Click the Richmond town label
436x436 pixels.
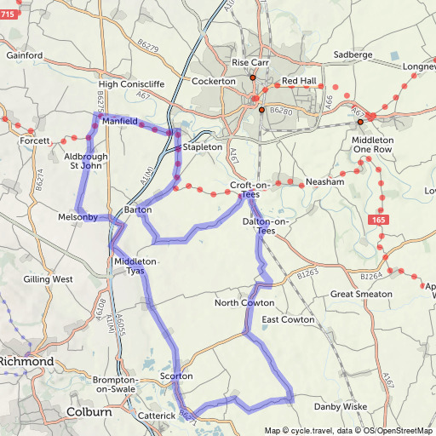(26, 361)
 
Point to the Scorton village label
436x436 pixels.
(176, 376)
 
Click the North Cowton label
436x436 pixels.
(244, 303)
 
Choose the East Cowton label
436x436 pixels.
(288, 320)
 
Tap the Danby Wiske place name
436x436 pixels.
(341, 407)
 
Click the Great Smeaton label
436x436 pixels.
(361, 294)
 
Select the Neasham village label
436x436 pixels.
(324, 182)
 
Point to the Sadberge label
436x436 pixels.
(353, 54)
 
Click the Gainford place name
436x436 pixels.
(24, 55)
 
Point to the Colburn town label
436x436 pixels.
(89, 412)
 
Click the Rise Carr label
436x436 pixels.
(250, 63)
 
